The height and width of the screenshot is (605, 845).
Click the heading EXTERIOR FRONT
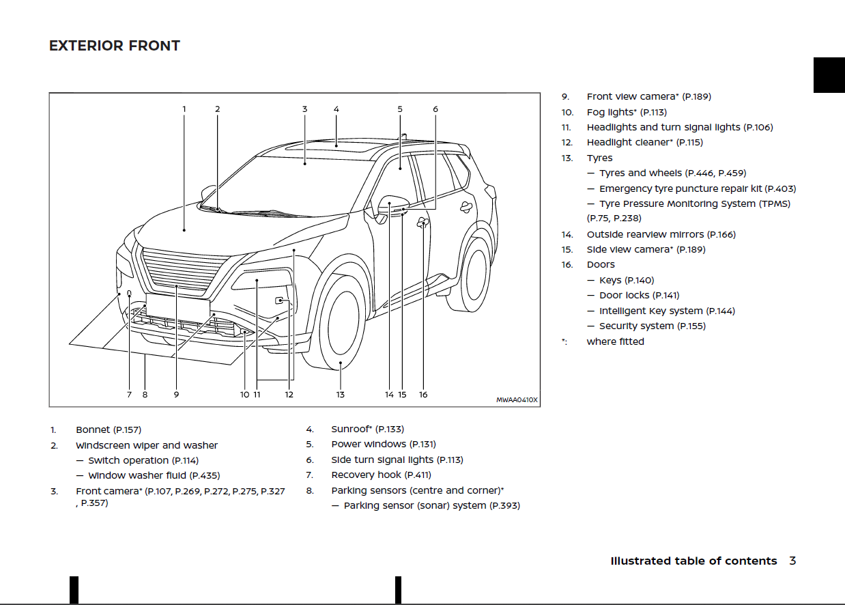pos(115,46)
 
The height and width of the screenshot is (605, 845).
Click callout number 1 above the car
pos(184,109)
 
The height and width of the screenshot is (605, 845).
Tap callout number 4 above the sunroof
pos(336,109)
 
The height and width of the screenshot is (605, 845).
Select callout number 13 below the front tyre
pos(340,394)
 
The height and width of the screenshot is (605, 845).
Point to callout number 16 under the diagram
pos(423,394)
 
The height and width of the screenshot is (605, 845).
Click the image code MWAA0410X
pos(517,400)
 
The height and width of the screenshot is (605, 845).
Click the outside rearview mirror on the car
pos(392,206)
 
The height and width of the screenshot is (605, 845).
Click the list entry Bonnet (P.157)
pos(109,430)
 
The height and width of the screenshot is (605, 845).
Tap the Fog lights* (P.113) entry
pos(627,112)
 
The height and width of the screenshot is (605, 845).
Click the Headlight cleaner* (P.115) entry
pos(644,142)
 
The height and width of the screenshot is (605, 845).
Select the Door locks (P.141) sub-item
pos(639,295)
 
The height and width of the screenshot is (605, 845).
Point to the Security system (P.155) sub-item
pos(652,326)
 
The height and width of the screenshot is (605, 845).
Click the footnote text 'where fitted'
pos(615,341)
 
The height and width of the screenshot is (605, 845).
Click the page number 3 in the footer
pos(792,561)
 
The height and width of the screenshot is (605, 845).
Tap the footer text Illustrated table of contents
pos(693,561)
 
